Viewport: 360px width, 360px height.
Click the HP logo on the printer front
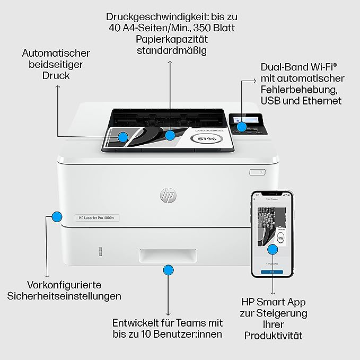(x=168, y=196)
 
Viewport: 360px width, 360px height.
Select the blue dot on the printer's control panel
(x=241, y=127)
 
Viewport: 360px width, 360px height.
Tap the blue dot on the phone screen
(x=273, y=249)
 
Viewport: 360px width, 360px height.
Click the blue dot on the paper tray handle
(x=168, y=271)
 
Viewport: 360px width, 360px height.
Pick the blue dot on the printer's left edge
(x=56, y=216)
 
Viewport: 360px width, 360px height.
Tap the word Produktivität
(x=273, y=336)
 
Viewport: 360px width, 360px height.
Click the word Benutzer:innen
(x=186, y=334)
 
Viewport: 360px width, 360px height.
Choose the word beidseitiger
(x=56, y=65)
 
